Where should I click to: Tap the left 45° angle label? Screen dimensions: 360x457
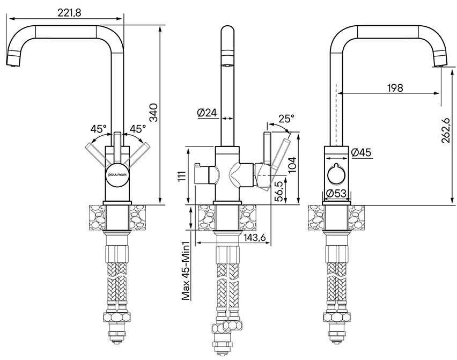99,129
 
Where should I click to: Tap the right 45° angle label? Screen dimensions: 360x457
138,129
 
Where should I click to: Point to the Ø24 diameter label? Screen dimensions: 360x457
207,113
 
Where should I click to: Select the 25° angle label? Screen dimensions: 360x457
286,118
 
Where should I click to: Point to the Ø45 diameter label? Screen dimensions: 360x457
362,153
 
